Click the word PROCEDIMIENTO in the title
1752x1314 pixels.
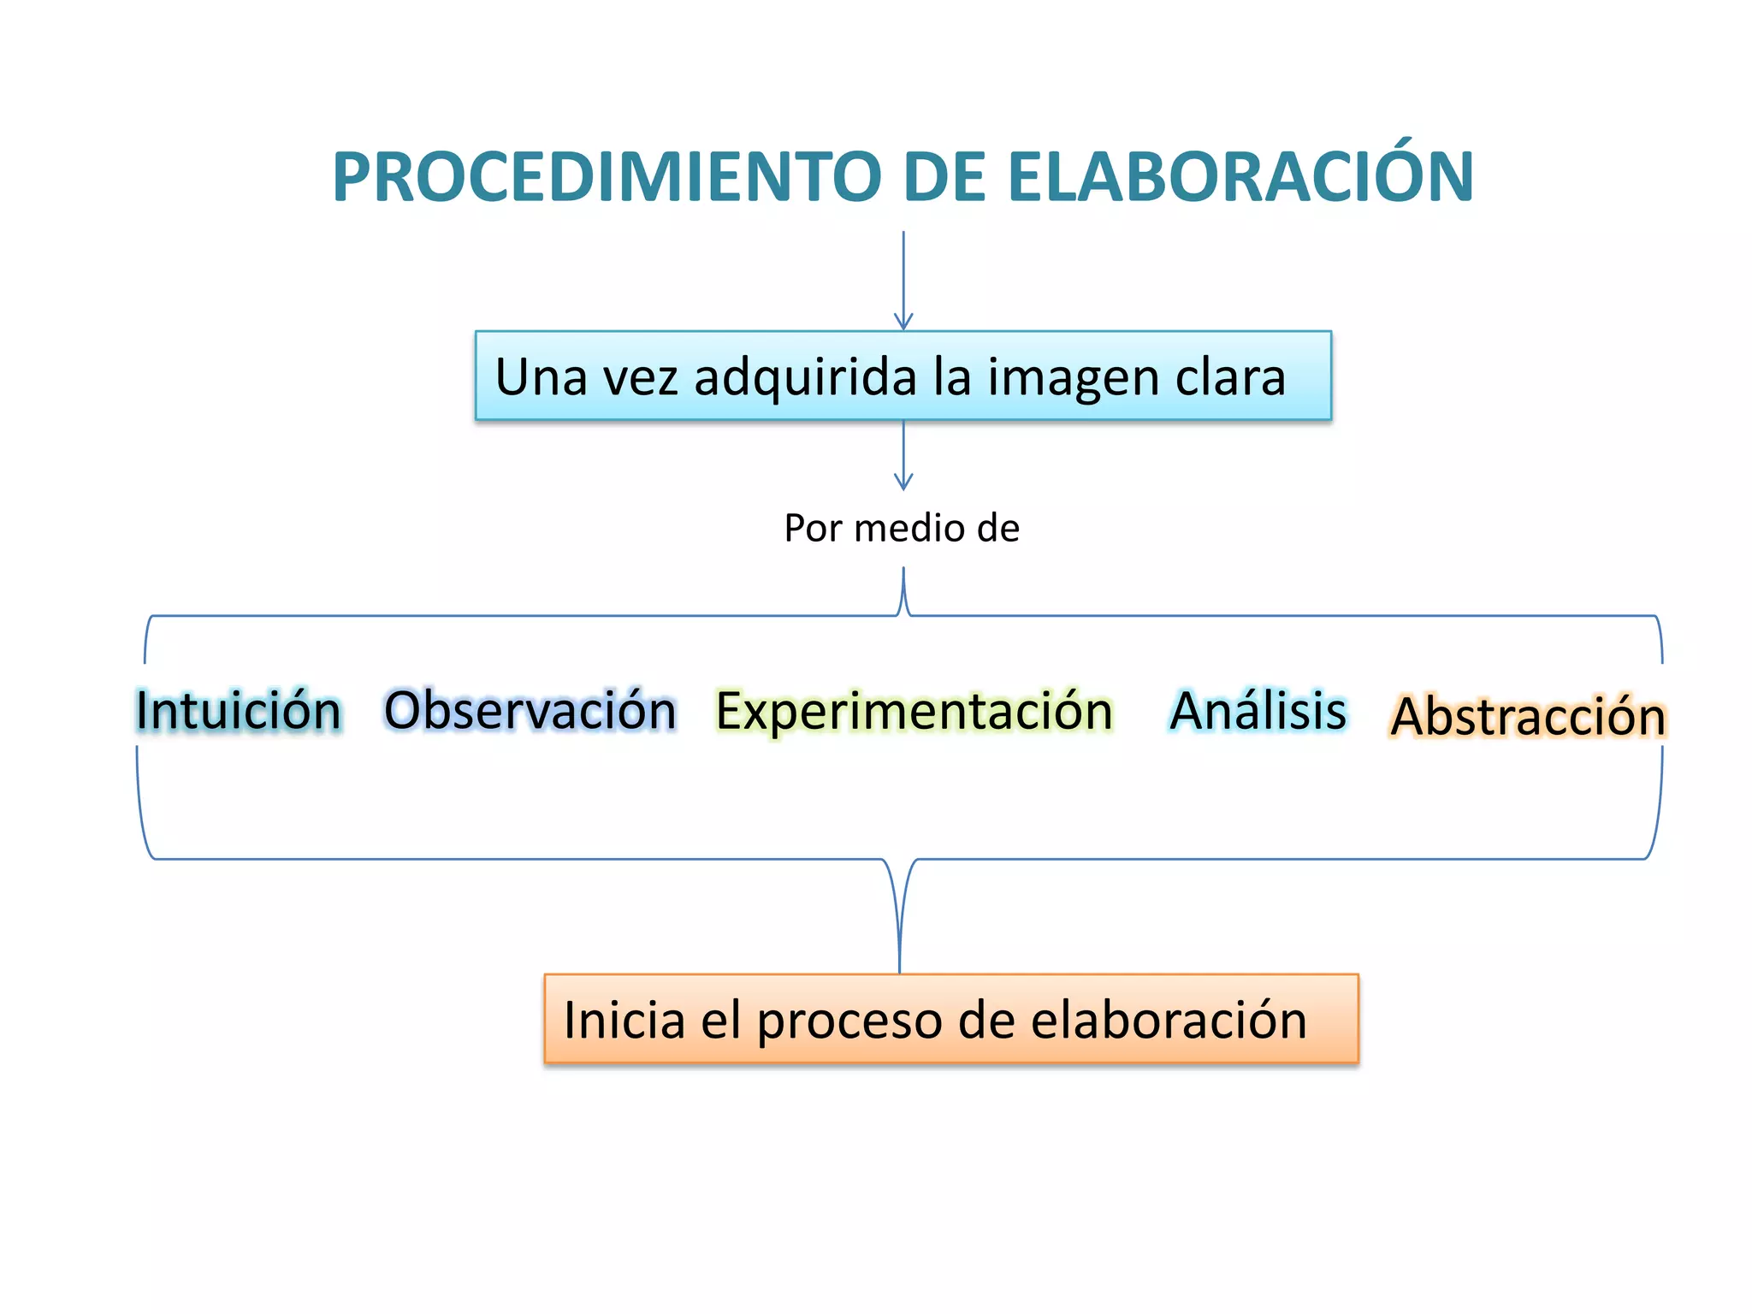[607, 178]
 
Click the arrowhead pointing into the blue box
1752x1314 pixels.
[903, 323]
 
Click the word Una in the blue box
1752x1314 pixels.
[540, 377]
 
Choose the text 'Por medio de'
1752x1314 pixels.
[902, 528]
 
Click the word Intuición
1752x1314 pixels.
[239, 711]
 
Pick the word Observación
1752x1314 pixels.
[530, 711]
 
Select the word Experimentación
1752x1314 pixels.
[914, 712]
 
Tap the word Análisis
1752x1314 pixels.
[1258, 711]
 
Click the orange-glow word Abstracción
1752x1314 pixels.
[1528, 716]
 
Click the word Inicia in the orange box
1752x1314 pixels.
[624, 1021]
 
